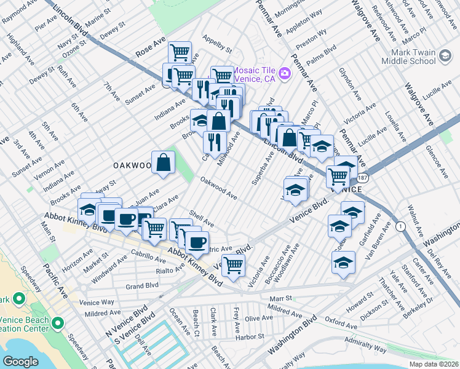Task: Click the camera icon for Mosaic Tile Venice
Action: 284,74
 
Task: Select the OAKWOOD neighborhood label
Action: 132,165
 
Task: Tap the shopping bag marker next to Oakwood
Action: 164,163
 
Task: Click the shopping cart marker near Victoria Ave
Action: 233,266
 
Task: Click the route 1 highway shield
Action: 402,227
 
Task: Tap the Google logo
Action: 20,361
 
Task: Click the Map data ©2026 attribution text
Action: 434,364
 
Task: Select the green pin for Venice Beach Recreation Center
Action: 58,322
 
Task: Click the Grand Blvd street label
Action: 142,285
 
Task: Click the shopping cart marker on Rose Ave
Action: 180,52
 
